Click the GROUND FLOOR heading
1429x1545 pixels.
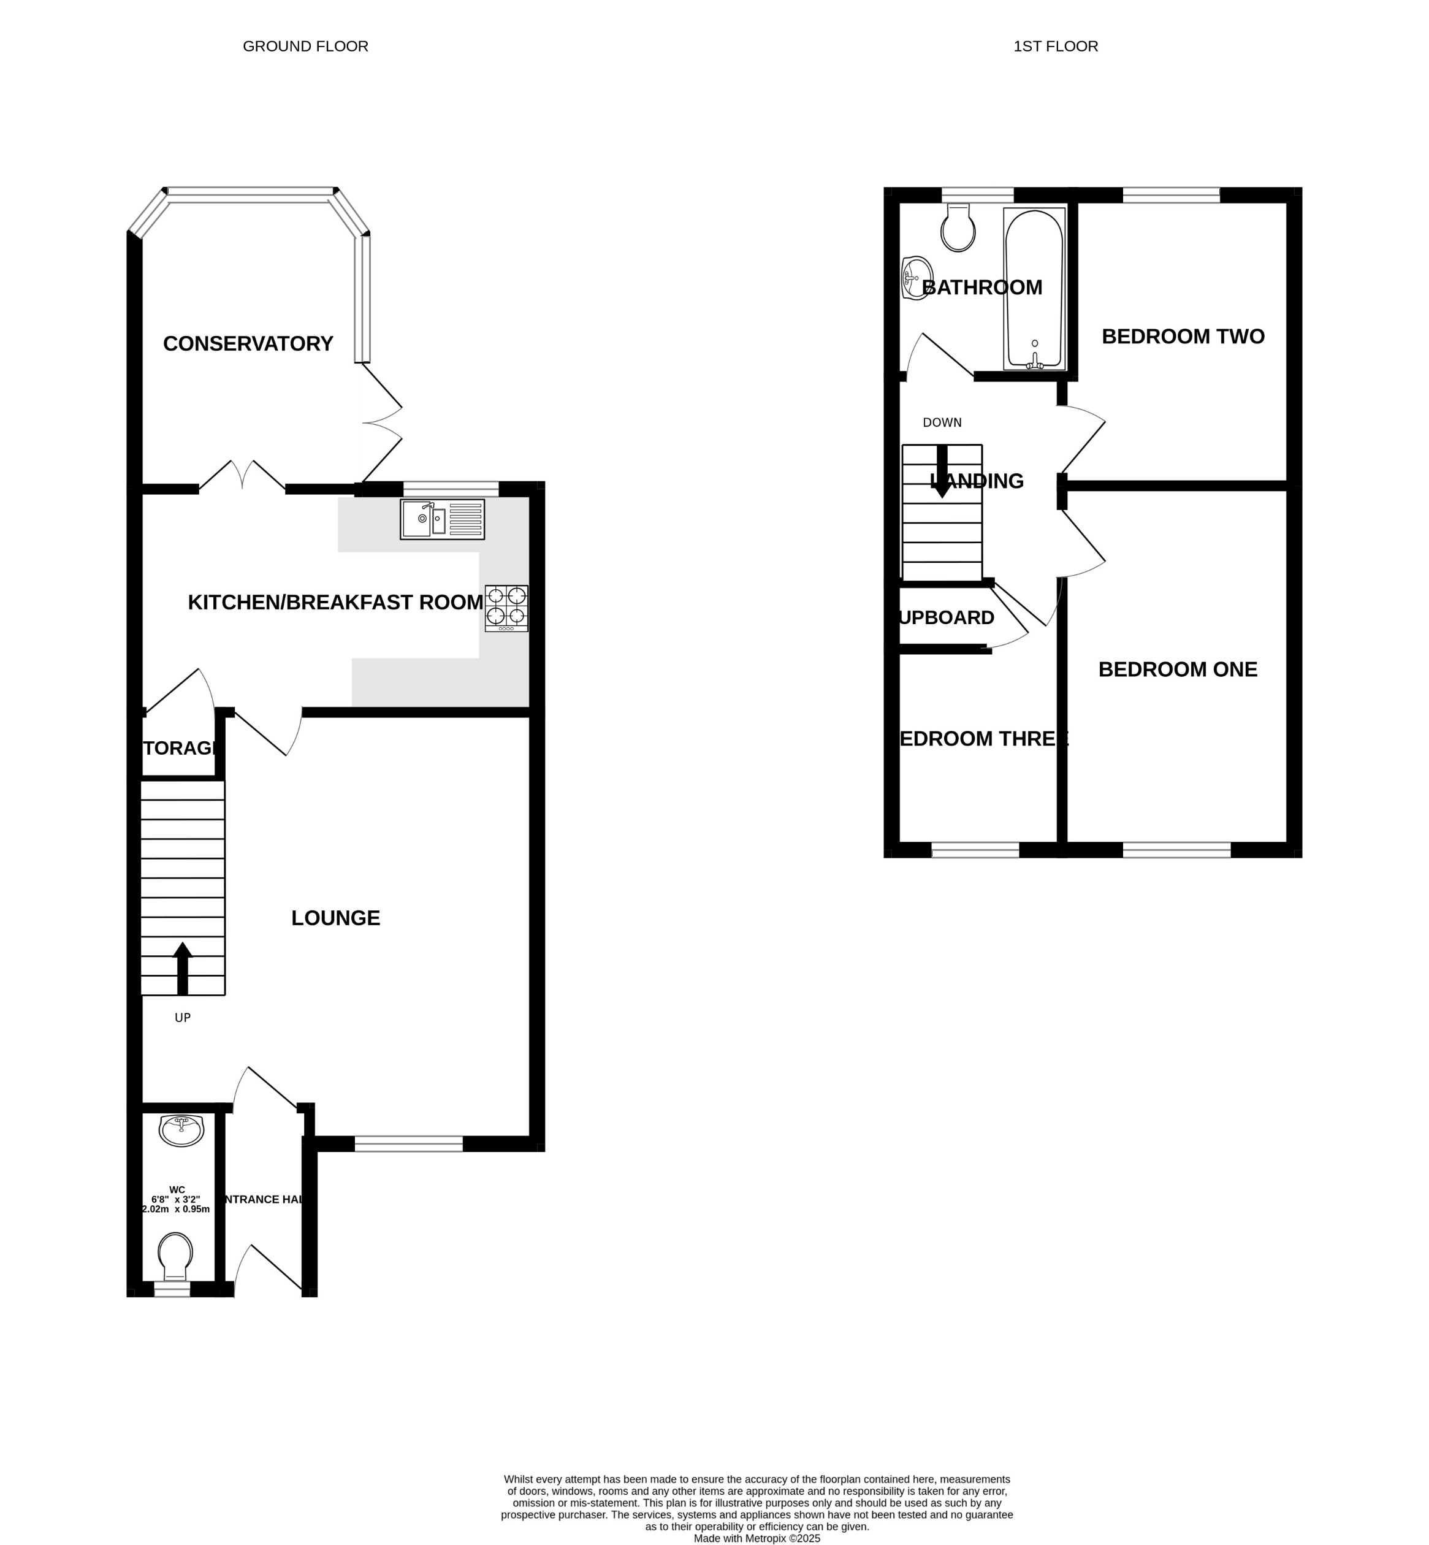tap(305, 47)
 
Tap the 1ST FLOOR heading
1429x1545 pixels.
tap(1056, 47)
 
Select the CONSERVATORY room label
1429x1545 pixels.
tap(248, 343)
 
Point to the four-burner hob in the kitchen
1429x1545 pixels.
tap(506, 608)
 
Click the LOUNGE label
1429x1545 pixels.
tap(335, 918)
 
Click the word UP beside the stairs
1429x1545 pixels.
tap(183, 1018)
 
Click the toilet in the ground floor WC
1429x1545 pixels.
tap(175, 1255)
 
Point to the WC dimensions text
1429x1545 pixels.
tap(177, 1199)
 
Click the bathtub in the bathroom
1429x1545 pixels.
tap(1034, 288)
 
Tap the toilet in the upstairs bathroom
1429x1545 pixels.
tap(958, 228)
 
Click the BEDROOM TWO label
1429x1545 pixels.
tap(1183, 337)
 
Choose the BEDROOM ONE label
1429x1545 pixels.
tap(1178, 669)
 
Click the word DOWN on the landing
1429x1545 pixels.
tap(942, 423)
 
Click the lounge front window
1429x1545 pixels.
tap(408, 1143)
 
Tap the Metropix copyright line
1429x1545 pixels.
tap(756, 1539)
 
